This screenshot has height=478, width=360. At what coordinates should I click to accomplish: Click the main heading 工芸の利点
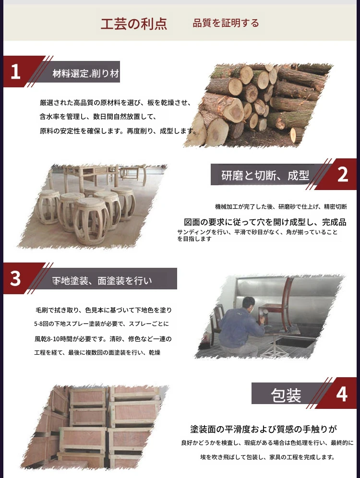click(134, 24)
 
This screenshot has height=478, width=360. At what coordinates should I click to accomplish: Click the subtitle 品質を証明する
click(226, 23)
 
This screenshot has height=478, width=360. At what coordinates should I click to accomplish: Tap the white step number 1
click(15, 72)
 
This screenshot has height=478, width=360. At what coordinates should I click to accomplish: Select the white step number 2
click(343, 175)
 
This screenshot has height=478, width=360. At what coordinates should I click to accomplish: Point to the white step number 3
click(15, 279)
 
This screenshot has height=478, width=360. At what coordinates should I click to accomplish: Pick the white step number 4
click(342, 394)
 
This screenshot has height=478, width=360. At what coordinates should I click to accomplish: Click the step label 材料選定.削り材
click(85, 73)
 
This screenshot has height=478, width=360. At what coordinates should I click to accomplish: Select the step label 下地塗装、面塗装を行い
click(102, 280)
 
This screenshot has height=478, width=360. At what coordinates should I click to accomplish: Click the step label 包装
click(286, 395)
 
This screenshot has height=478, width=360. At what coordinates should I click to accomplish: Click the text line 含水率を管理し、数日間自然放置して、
click(98, 117)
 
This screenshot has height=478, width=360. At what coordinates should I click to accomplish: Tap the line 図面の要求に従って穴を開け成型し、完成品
click(265, 222)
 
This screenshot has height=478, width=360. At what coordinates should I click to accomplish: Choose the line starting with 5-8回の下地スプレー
click(101, 324)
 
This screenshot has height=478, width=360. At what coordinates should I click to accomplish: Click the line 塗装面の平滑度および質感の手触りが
click(264, 429)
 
